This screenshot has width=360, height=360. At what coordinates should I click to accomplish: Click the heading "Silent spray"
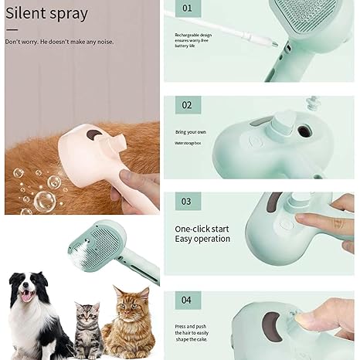click(46, 14)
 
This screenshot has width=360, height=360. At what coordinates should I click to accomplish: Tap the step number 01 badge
click(187, 8)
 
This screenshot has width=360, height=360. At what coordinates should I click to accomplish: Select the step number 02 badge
click(187, 105)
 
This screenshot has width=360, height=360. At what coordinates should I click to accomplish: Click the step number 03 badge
click(187, 202)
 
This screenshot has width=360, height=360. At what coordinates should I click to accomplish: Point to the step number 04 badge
click(187, 300)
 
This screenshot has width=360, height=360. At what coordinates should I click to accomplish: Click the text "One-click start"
click(202, 229)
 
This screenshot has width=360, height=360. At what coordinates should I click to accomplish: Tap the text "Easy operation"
click(202, 239)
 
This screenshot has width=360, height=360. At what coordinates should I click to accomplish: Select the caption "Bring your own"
click(189, 133)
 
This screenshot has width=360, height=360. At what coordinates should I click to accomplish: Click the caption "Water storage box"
click(192, 143)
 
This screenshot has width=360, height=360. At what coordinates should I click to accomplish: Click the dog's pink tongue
click(29, 297)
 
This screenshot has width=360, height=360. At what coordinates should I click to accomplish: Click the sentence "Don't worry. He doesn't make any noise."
click(59, 42)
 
